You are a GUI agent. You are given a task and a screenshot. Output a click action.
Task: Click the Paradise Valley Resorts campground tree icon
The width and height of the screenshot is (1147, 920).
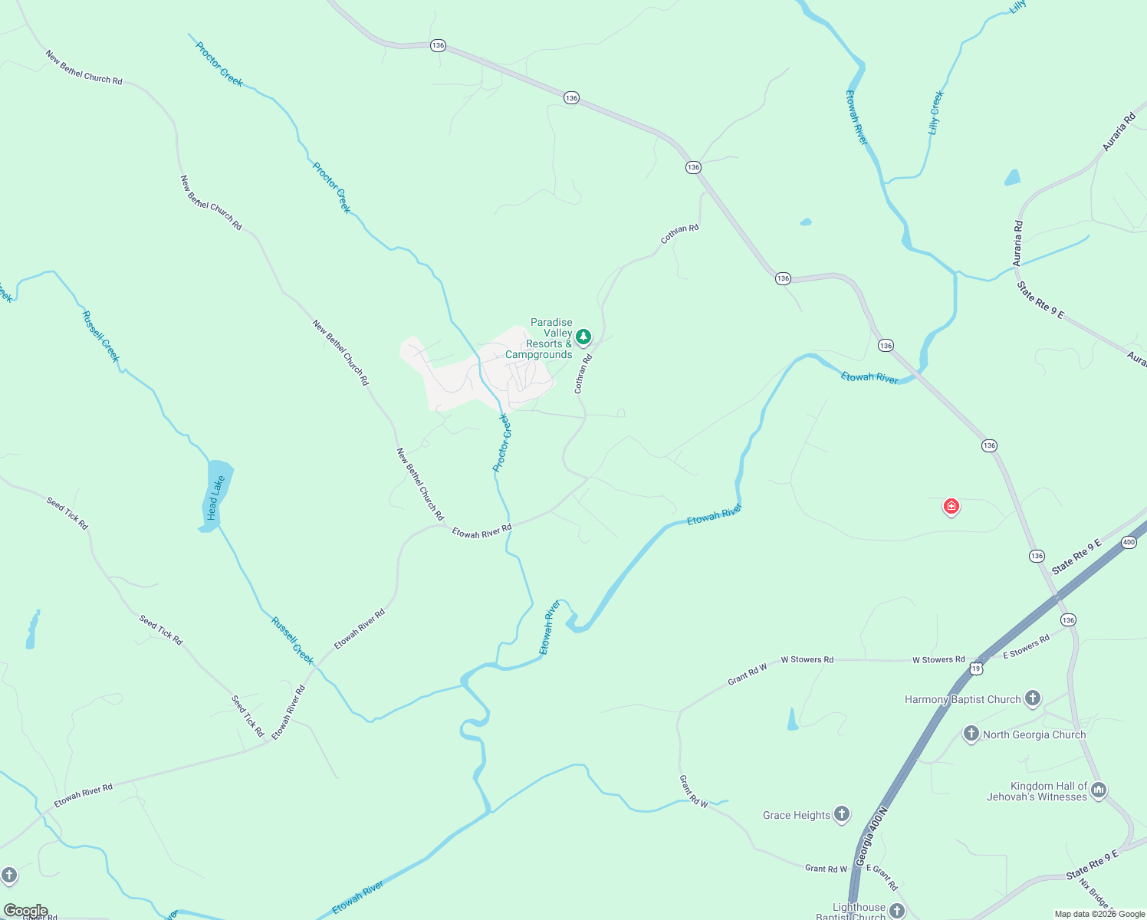[x=583, y=337]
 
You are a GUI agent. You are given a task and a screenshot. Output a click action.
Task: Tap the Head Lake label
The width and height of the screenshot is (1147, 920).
[x=216, y=498]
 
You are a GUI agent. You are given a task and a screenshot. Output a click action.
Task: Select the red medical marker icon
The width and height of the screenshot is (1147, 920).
[x=951, y=506]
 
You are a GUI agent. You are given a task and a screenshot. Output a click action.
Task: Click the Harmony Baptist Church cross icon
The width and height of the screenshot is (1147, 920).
[x=1033, y=698]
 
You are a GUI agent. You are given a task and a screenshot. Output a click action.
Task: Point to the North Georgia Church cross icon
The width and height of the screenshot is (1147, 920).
[x=971, y=734]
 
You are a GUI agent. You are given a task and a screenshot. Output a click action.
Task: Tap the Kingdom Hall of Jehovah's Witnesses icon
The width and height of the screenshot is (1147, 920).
[x=1098, y=789]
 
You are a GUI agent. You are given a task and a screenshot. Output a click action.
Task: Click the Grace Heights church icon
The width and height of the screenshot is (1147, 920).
[x=842, y=814]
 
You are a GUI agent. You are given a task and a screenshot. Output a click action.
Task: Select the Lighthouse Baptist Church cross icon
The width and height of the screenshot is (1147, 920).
[x=897, y=911]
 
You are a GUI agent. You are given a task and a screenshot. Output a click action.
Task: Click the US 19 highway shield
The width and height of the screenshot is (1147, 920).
[x=975, y=669]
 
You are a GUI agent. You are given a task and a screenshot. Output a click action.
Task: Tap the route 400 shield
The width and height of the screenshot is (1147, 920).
[x=1129, y=543]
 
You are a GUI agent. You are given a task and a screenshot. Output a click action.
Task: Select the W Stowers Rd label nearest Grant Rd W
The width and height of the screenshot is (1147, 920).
[x=807, y=659]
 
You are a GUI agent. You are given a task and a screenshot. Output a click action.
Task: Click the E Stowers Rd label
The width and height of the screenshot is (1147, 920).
[x=1026, y=647]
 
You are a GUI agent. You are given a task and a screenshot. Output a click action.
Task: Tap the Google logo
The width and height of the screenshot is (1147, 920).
[x=26, y=911]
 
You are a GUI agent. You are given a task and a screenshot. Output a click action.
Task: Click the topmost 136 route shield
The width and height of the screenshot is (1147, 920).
[x=438, y=45]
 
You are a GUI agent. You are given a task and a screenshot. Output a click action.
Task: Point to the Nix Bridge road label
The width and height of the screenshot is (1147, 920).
[x=1094, y=892]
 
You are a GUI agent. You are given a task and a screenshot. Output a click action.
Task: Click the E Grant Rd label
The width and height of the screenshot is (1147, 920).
[x=882, y=878]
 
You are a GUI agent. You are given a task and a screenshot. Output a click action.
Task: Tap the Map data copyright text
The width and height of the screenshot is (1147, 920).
[x=1099, y=914]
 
